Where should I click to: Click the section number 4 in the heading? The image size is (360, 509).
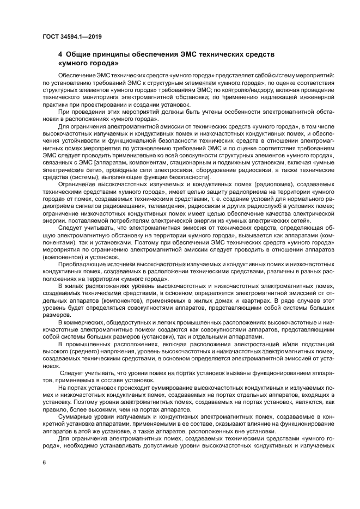point(60,55)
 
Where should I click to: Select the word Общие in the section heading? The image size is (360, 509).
point(79,55)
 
